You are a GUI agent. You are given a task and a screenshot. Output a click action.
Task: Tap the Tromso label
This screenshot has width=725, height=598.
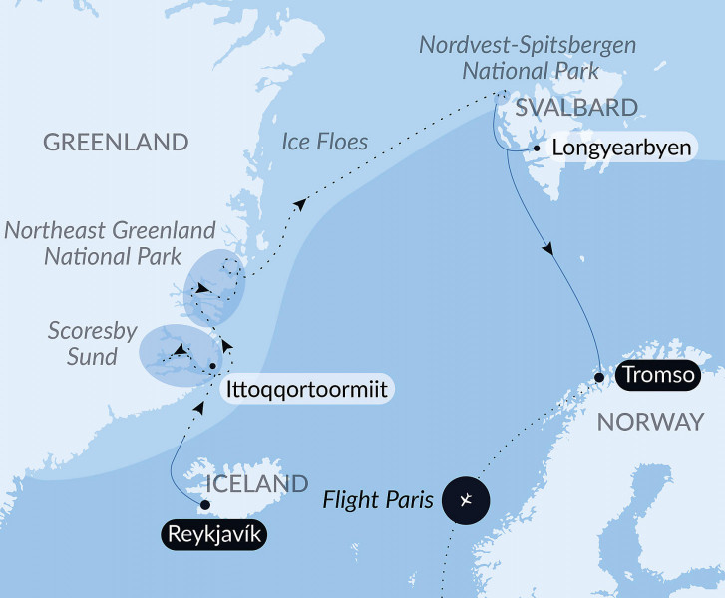(654, 376)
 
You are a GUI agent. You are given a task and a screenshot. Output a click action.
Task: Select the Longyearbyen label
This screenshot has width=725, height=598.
(624, 148)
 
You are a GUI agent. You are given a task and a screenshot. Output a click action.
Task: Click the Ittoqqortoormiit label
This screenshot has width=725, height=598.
(309, 387)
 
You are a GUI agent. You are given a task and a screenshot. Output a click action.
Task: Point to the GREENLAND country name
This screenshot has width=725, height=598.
(116, 143)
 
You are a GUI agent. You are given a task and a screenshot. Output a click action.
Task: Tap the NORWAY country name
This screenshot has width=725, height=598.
(649, 423)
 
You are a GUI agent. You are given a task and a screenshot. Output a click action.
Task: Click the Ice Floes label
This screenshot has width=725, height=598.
(324, 142)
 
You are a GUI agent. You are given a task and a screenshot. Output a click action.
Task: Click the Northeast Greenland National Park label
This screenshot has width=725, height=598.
(109, 243)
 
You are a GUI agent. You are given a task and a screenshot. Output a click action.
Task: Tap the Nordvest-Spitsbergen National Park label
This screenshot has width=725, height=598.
(528, 58)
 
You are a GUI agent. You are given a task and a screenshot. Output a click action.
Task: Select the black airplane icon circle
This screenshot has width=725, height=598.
(470, 499)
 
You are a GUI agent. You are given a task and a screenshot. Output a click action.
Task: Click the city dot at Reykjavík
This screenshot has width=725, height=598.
(205, 504)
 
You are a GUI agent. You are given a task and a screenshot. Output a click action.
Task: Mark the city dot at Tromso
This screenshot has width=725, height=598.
(598, 377)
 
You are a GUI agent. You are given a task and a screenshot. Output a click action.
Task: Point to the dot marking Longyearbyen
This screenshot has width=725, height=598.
(537, 149)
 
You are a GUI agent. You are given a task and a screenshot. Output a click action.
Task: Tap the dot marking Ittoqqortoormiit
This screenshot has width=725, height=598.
(212, 370)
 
